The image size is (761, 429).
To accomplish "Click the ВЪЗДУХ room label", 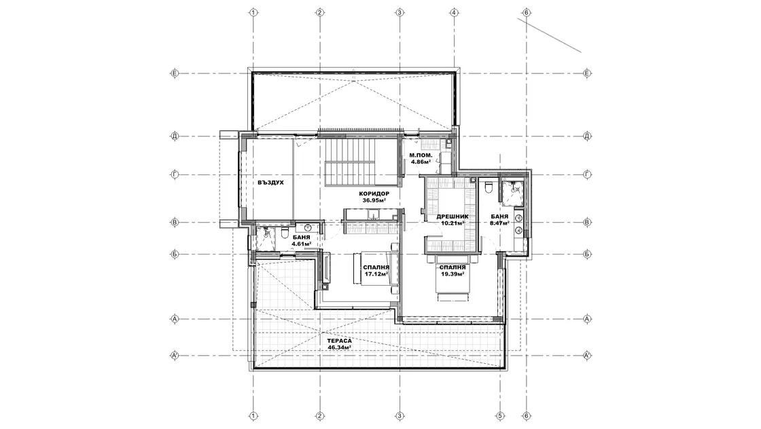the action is pos(271,183).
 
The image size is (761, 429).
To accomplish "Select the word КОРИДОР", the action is pos(374,193).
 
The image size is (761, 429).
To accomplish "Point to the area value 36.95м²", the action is pos(374,200).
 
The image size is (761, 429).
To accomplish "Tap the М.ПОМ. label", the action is pos(421,155).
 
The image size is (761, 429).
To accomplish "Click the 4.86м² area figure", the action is pos(421,162).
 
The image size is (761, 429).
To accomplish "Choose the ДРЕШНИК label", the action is pos(453,217).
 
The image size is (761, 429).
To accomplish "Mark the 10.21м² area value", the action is pos(453,223).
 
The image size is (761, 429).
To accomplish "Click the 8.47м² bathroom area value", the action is pos(499,223).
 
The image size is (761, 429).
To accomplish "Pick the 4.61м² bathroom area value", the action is pos(302,244).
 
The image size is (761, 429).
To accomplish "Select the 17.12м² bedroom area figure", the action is pos(376,274).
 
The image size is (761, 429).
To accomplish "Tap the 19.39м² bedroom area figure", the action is pos(453,274).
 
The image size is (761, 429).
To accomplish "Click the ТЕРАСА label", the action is pos(339,341).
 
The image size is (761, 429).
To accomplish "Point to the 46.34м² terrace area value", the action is pos(339,347).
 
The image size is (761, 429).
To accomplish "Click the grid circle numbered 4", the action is pos(455,12).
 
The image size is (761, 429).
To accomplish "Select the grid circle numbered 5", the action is pos(499,416).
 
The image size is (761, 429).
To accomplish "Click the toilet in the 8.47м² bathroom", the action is pos(489,187).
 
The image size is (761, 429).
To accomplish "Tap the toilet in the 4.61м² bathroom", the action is pos(285,234).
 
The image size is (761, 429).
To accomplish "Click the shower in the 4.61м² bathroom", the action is pos(266,238).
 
